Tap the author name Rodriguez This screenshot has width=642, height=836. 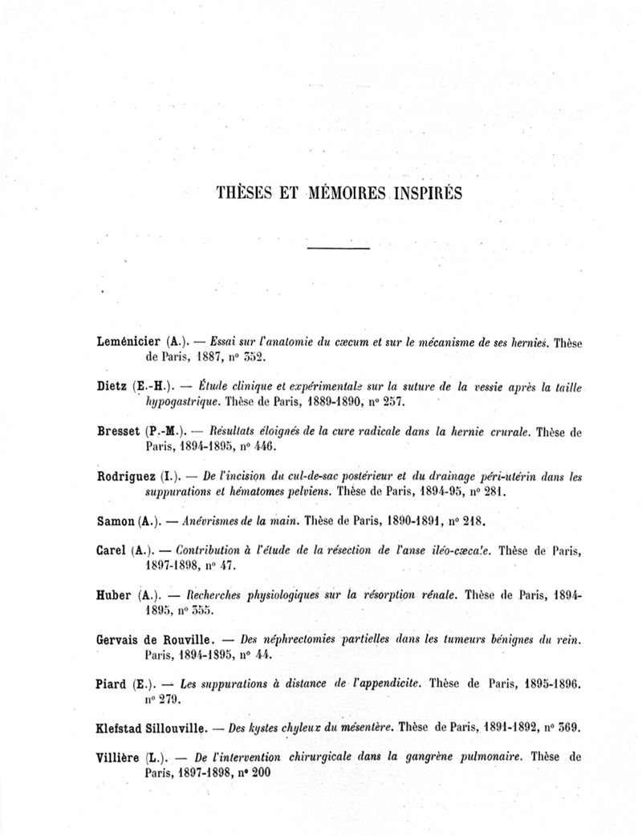pos(125,477)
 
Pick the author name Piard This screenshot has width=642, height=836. pos(112,684)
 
